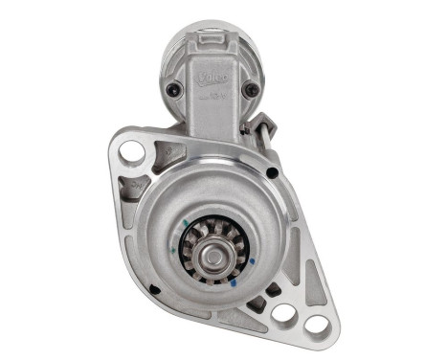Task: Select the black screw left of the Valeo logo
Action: coord(172,90)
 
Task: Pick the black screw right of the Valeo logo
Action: coord(251,90)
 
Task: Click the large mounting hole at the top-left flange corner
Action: coord(131,151)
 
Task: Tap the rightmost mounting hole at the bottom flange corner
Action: coord(315,326)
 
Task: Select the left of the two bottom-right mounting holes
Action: coord(283,312)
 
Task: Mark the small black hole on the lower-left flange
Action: coord(153,289)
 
